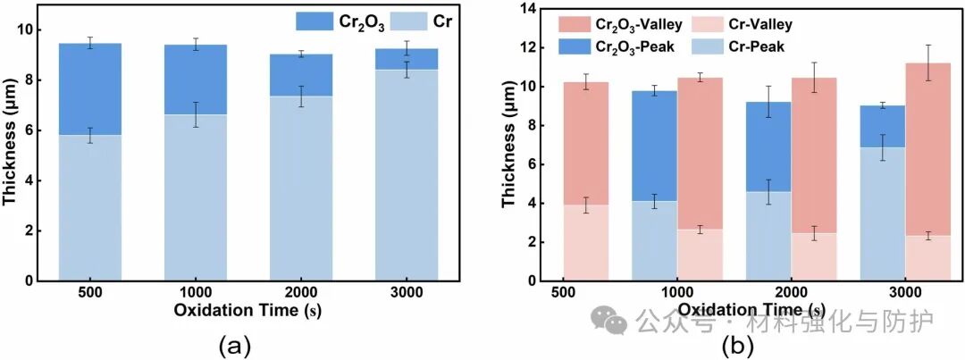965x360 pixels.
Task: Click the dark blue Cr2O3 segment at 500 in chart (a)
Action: point(89,88)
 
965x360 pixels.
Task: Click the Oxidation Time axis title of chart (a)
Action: point(249,313)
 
